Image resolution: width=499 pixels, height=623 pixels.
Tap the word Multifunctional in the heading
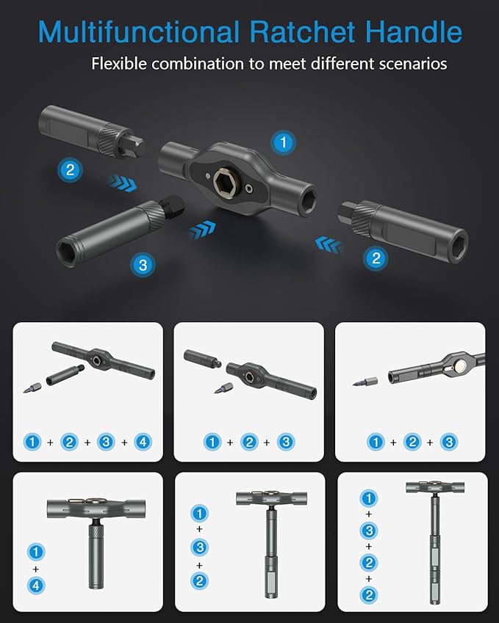coord(138,32)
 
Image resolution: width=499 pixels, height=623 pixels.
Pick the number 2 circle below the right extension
coord(376,258)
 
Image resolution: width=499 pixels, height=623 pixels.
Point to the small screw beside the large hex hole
coord(251,189)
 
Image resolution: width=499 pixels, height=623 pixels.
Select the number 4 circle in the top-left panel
coord(143,442)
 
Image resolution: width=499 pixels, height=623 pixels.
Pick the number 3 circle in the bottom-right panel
coord(369,530)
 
